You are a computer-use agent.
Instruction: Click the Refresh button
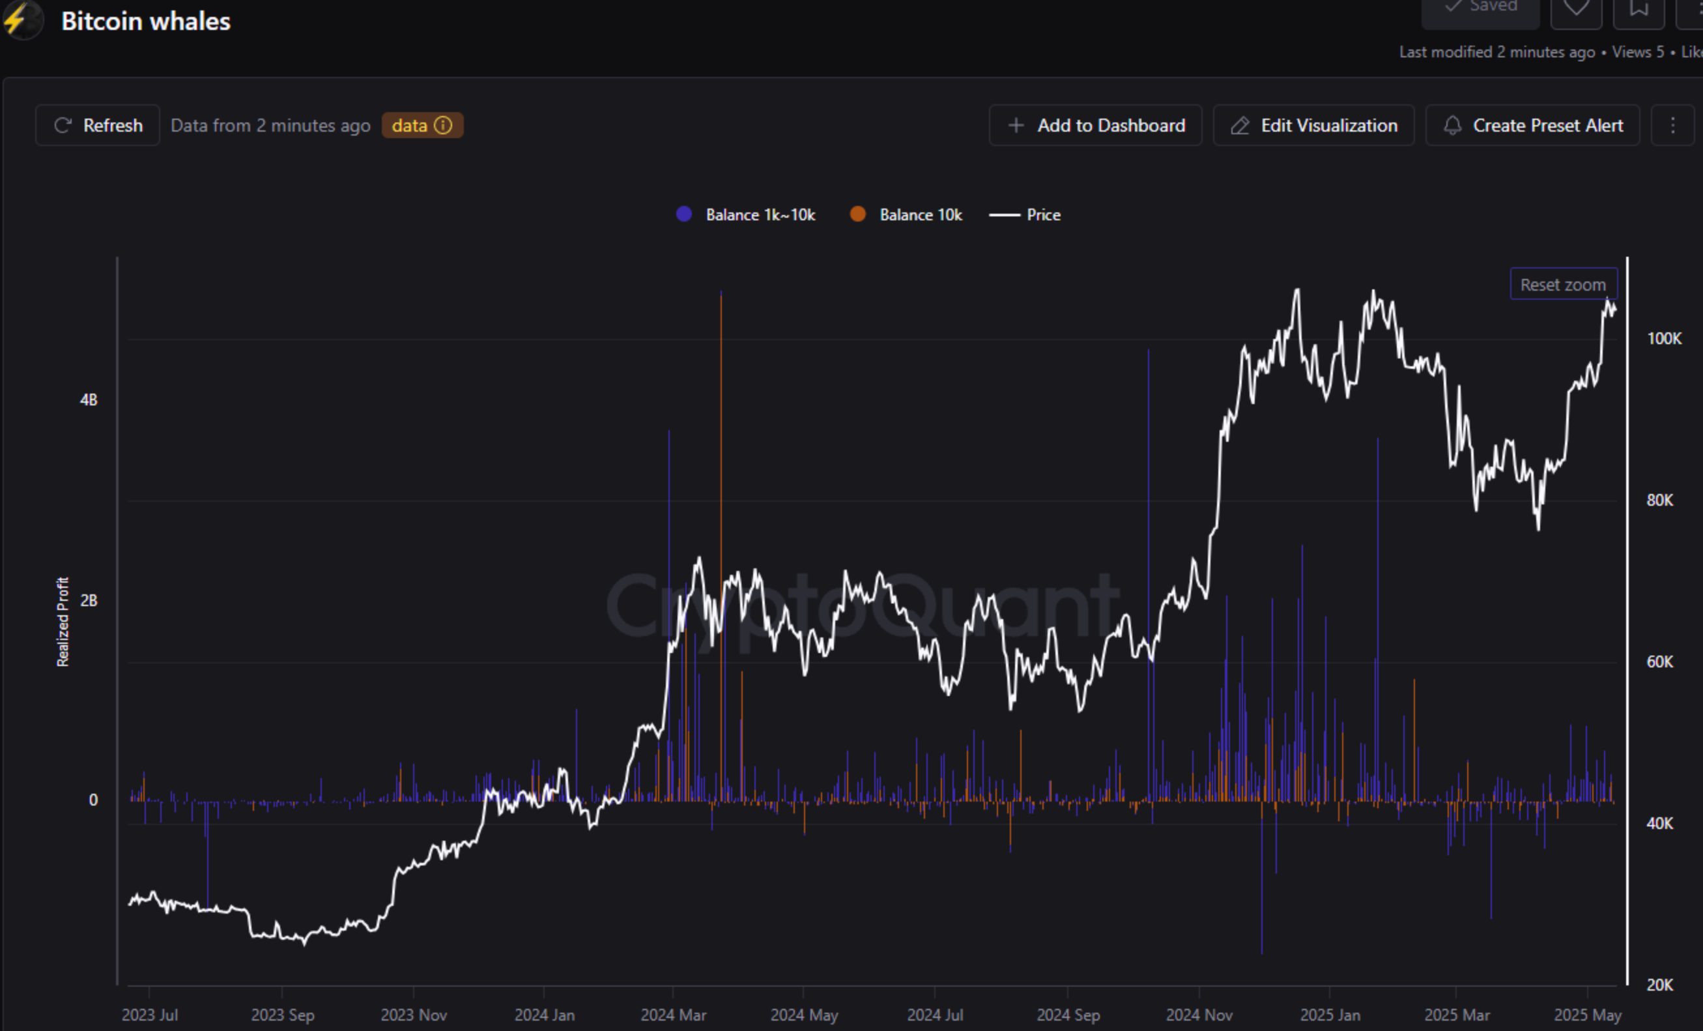click(98, 125)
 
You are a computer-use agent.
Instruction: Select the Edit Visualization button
click(1313, 125)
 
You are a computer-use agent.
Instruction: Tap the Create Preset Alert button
click(1532, 125)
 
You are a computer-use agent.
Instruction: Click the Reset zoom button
click(1563, 284)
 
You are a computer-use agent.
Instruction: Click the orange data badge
click(422, 125)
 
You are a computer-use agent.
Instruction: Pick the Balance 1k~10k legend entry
click(747, 214)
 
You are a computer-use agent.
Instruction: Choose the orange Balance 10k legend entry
click(906, 214)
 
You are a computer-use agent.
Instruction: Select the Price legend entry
click(1025, 214)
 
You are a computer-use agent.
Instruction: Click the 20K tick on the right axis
click(1659, 985)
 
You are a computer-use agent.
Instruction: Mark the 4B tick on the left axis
click(89, 399)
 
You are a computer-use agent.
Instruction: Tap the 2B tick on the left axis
click(89, 600)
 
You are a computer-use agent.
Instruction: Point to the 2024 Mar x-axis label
click(673, 1015)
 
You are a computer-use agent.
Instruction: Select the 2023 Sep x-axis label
click(282, 1015)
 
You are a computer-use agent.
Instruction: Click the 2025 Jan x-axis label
click(1330, 1015)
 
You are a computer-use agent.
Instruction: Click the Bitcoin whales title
click(146, 22)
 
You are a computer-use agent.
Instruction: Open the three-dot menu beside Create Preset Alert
click(1672, 125)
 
